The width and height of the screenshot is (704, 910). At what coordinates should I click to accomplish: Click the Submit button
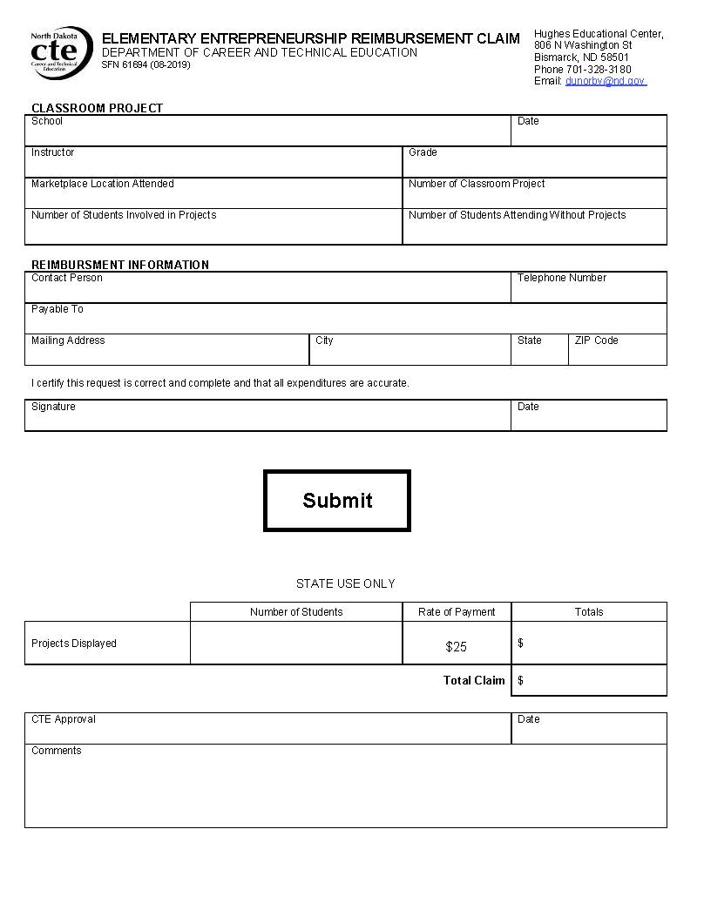click(x=336, y=501)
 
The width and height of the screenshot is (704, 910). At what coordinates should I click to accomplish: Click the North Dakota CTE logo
click(x=60, y=52)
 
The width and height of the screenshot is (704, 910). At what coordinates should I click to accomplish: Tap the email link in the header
click(x=606, y=81)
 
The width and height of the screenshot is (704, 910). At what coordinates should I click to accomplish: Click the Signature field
click(x=267, y=418)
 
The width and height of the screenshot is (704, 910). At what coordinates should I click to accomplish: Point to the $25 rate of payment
click(x=456, y=647)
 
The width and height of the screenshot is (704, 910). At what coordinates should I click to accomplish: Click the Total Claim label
click(x=474, y=681)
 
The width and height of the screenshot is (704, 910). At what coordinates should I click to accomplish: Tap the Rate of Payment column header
click(x=457, y=612)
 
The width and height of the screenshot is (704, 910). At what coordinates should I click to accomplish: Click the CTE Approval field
click(x=267, y=731)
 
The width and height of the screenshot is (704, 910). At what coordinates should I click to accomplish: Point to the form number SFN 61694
click(x=146, y=65)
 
